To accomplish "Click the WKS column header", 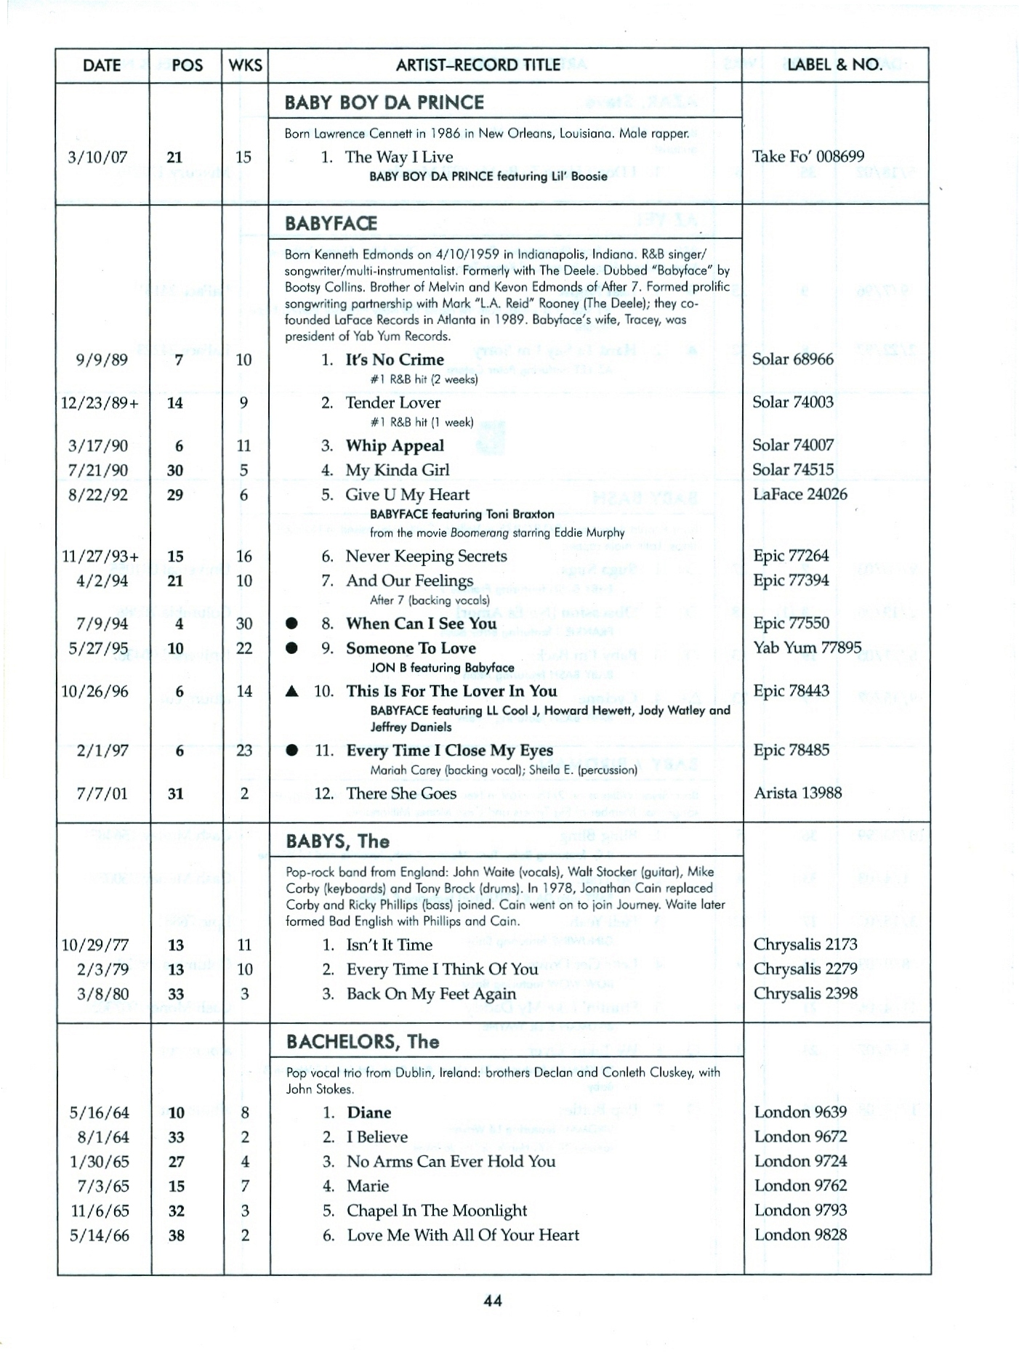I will pos(245,65).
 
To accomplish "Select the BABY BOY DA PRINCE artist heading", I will pos(384,102).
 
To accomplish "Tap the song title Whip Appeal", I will pos(395,445).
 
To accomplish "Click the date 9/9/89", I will pos(102,360).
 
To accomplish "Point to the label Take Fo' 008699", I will pos(808,157).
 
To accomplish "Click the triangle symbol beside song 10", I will pos(292,692).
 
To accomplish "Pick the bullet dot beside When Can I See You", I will pos(292,624).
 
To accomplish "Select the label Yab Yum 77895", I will pos(807,647).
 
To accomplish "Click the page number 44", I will pos(493,1301).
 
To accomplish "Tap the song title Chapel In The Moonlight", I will pos(437,1211).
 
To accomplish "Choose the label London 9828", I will pos(800,1235).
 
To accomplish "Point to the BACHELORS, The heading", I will pos(363,1042).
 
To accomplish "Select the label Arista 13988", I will pos(797,793).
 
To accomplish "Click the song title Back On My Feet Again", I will pos(431,994).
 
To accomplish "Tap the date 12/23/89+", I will pos(100,403).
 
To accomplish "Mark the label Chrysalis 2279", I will pos(805,969).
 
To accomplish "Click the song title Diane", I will pos(368,1112).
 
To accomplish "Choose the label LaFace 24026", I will pos(800,495).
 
